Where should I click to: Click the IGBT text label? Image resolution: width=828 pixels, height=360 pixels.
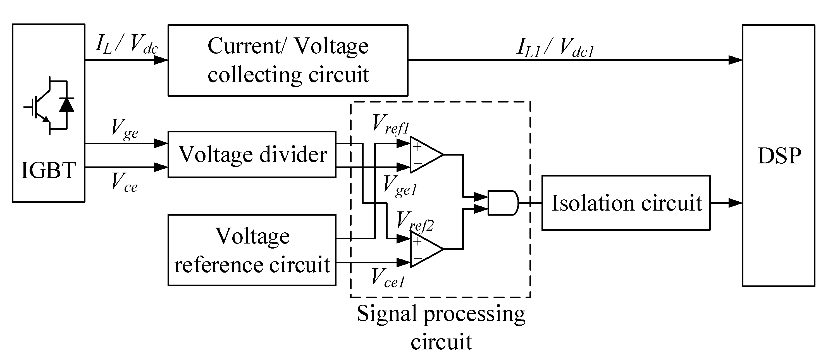pyautogui.click(x=49, y=170)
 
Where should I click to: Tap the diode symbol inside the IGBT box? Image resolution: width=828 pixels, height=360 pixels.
pyautogui.click(x=66, y=105)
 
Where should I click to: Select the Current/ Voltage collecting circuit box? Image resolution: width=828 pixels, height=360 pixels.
pyautogui.click(x=288, y=60)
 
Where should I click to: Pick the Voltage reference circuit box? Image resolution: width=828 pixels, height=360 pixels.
pyautogui.click(x=252, y=250)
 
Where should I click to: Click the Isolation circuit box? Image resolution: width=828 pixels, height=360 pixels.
pyautogui.click(x=626, y=203)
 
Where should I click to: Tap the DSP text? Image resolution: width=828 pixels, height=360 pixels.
pyautogui.click(x=779, y=156)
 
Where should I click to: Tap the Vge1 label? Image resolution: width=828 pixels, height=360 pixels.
pyautogui.click(x=400, y=187)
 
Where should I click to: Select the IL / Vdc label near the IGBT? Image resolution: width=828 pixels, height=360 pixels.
pyautogui.click(x=126, y=45)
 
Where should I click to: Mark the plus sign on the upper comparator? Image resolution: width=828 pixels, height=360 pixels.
pyautogui.click(x=417, y=147)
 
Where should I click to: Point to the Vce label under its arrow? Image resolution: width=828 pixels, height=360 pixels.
pyautogui.click(x=124, y=183)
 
